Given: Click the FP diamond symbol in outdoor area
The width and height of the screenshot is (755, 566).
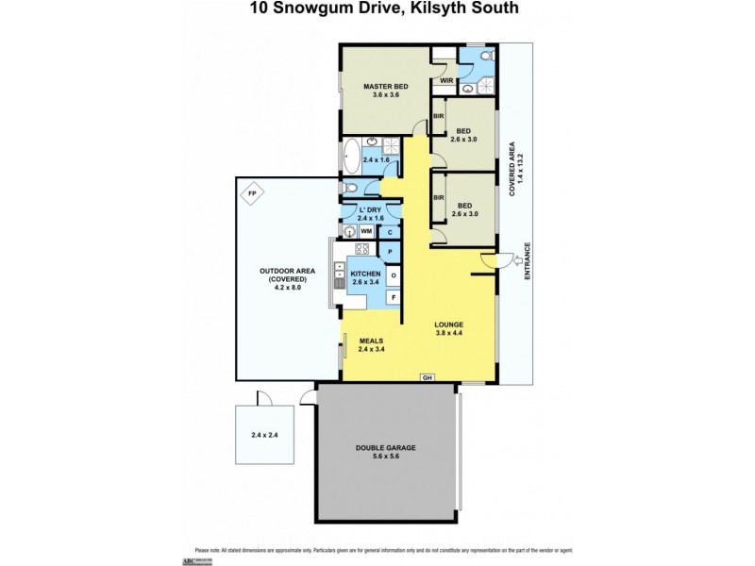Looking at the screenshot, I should [251, 195].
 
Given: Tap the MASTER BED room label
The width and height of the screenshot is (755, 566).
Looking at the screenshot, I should [386, 92].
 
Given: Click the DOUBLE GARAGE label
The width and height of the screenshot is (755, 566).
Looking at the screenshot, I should [386, 452].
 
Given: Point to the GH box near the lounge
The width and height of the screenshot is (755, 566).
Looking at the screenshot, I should [428, 377].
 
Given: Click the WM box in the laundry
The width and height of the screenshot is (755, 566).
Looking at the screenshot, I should [364, 231].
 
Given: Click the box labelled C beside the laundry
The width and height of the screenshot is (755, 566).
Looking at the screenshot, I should [391, 231].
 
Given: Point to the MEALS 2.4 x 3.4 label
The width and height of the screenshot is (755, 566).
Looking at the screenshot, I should [374, 345].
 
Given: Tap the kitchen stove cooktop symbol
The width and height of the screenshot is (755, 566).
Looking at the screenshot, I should [361, 250].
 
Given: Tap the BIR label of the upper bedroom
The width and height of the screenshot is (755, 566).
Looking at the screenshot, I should [438, 116].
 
